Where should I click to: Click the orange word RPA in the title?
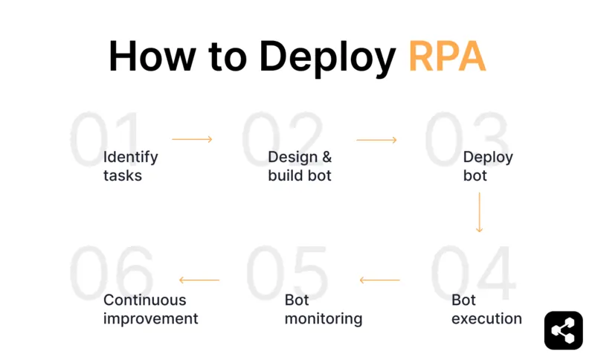pyautogui.click(x=447, y=56)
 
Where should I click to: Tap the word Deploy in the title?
pyautogui.click(x=327, y=57)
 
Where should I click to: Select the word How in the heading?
pyautogui.click(x=153, y=56)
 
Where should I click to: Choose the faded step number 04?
pyautogui.click(x=473, y=272)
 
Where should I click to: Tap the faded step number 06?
pyautogui.click(x=112, y=272)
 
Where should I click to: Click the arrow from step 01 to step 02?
pyautogui.click(x=192, y=139)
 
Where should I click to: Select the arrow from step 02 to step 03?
pyautogui.click(x=376, y=139)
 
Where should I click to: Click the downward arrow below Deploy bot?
pyautogui.click(x=479, y=213)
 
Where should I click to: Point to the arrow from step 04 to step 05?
pyautogui.click(x=379, y=280)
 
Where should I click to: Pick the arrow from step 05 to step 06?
pyautogui.click(x=199, y=280)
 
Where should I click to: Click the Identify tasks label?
pyautogui.click(x=131, y=167)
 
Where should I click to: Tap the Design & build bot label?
pyautogui.click(x=300, y=167)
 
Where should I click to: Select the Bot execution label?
pyautogui.click(x=486, y=309)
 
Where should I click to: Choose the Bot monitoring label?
pyautogui.click(x=324, y=309)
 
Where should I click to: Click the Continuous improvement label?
pyautogui.click(x=151, y=309)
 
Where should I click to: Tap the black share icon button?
pyautogui.click(x=563, y=330)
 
